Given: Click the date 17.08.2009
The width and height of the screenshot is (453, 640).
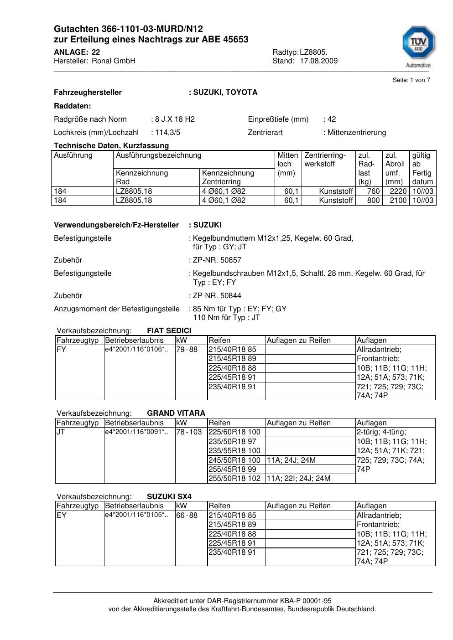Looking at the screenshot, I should pos(318,61).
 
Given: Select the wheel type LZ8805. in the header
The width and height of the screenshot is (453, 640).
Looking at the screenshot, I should pos(313,52).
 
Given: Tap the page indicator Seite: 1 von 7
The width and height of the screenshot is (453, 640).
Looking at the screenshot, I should pos(411,80).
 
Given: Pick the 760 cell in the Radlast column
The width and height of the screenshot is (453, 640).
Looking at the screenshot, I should pos(373,191).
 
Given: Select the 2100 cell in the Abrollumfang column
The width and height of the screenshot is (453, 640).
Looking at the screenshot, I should pos(398,201).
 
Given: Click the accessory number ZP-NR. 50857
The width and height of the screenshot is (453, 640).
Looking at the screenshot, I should pos(217,260).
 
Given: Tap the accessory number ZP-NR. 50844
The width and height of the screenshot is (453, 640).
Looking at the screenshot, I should pos(217,296).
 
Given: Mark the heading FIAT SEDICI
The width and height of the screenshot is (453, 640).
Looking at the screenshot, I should pos(169,331).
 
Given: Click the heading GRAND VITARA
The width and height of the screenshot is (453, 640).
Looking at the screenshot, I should pos(176,413).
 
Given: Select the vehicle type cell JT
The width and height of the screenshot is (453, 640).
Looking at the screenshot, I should pos(61,432).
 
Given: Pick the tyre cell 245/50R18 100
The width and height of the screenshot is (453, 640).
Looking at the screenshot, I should pos(234,460).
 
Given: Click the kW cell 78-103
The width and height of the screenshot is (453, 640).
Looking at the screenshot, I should pos(189,432).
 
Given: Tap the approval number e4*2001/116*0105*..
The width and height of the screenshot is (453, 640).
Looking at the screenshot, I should pos(136,515).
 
